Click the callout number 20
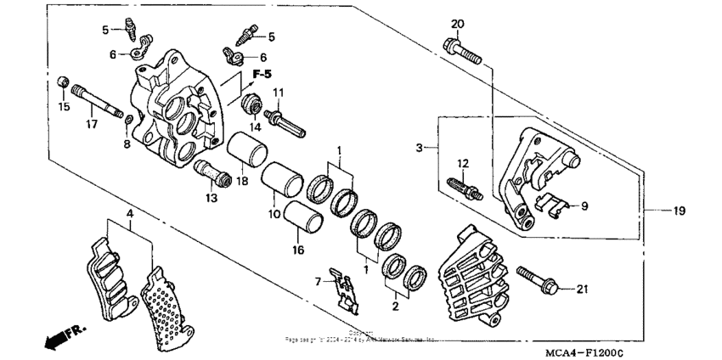tap(458, 23)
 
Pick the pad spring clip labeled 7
tap(344, 289)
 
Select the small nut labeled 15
tap(61, 82)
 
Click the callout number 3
tap(419, 149)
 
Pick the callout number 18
tap(241, 182)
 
